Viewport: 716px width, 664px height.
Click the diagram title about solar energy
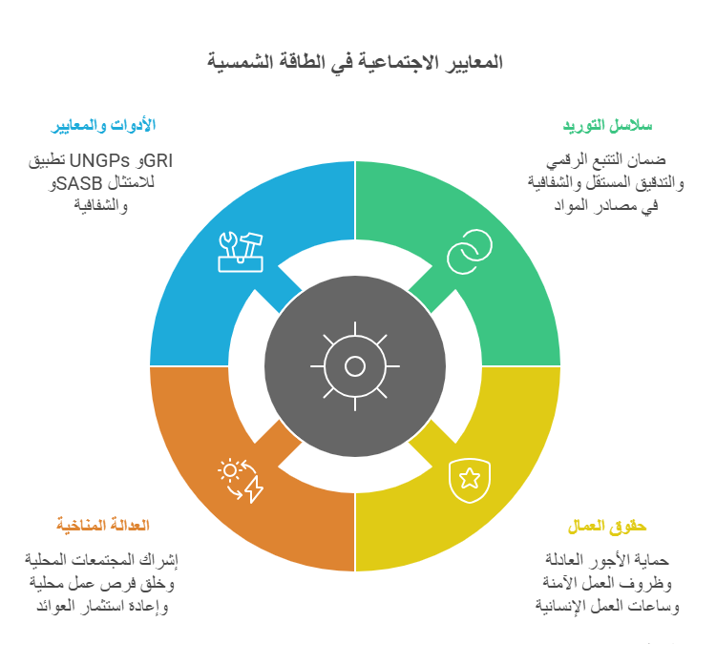355,62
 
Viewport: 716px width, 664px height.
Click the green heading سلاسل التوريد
607,126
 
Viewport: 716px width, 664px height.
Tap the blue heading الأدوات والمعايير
103,125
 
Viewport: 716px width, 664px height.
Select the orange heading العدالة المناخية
103,525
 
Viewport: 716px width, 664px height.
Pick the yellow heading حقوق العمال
607,526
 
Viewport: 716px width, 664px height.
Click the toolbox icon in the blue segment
241,252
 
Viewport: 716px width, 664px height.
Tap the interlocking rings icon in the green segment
470,252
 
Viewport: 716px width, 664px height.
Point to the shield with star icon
470,481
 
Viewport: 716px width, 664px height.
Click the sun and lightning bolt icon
241,481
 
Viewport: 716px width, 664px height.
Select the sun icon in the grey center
355,366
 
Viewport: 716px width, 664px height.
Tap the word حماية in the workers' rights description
652,559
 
